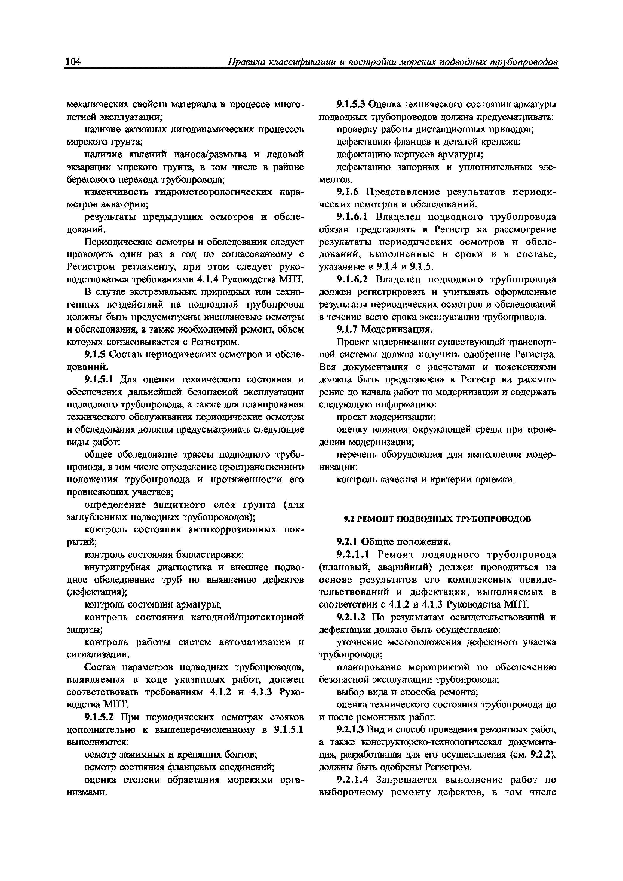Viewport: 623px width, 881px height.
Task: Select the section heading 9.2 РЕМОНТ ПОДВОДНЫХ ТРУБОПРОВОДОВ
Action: click(437, 519)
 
